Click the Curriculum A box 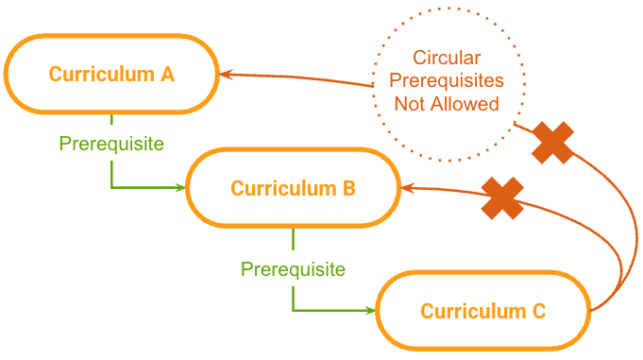coord(111,74)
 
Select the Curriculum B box coord(293,188)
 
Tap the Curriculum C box coord(483,311)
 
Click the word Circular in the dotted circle coord(447,58)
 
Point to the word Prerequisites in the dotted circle coord(447,80)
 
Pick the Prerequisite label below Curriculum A coord(111,144)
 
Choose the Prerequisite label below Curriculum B coord(293,269)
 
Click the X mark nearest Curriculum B coord(502,198)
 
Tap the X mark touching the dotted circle coord(552,143)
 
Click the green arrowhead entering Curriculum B coord(181,188)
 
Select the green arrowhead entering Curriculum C coord(370,310)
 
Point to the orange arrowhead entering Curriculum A coord(226,75)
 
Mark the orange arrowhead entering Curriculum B coord(408,188)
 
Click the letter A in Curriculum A coord(167,75)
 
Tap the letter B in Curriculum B coord(348,188)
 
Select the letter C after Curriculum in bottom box coord(539,311)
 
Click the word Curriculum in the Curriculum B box coord(283,188)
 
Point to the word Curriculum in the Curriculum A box coord(102,75)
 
